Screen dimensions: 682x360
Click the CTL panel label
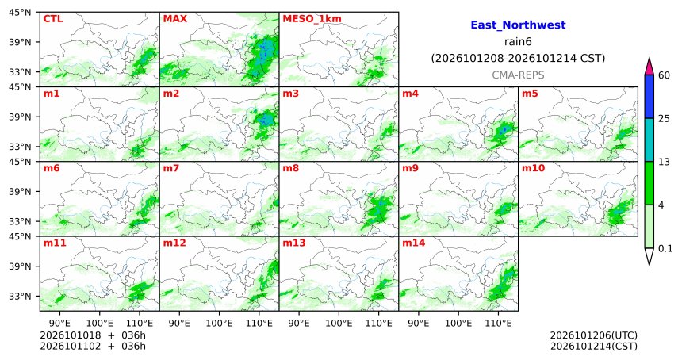click(52, 19)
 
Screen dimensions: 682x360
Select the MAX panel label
click(174, 19)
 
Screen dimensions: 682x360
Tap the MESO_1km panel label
click(312, 19)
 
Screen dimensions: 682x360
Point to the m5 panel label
click(530, 94)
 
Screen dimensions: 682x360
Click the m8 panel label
click(290, 168)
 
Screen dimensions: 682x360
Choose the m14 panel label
click(414, 243)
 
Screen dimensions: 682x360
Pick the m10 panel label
click(533, 168)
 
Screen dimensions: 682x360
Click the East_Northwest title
click(518, 25)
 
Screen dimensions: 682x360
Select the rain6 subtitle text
click(518, 42)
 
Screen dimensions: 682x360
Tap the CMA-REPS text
click(518, 75)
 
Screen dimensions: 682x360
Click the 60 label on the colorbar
click(665, 75)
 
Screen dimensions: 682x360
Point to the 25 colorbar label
click(665, 119)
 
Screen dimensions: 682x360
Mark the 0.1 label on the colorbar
click(665, 249)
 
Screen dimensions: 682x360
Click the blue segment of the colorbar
click(649, 97)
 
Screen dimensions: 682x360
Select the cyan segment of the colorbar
click(649, 140)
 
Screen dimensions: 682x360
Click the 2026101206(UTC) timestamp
click(594, 335)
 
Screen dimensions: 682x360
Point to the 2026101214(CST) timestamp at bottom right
click(594, 346)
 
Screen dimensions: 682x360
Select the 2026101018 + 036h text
click(93, 335)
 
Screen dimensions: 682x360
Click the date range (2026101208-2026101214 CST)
click(518, 58)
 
